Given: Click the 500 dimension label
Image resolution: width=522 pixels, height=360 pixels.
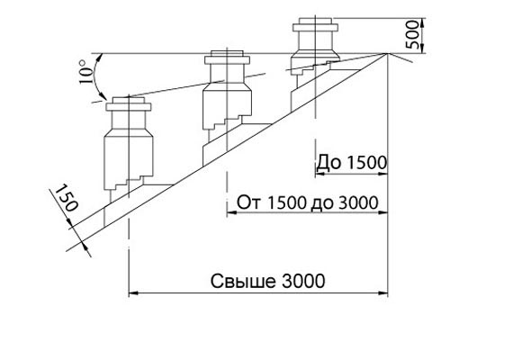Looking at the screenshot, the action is (x=412, y=34).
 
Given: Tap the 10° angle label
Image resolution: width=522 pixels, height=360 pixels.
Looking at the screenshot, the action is (x=85, y=71).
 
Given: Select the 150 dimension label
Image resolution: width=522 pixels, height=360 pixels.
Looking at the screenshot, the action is (x=67, y=198).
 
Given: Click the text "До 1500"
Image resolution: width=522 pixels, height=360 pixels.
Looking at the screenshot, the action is (x=352, y=163).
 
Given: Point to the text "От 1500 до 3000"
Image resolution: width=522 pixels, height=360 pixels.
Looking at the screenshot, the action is (x=307, y=202).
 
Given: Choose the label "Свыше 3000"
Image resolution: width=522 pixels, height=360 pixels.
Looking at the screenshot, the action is (x=267, y=281).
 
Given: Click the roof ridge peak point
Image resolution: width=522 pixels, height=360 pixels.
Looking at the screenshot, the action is (x=387, y=53).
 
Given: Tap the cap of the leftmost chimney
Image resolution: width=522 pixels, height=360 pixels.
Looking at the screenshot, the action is (x=129, y=103).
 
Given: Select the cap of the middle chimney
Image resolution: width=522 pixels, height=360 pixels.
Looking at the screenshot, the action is (x=227, y=58).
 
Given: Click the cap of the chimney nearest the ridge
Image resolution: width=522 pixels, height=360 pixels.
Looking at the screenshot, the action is (x=315, y=24).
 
